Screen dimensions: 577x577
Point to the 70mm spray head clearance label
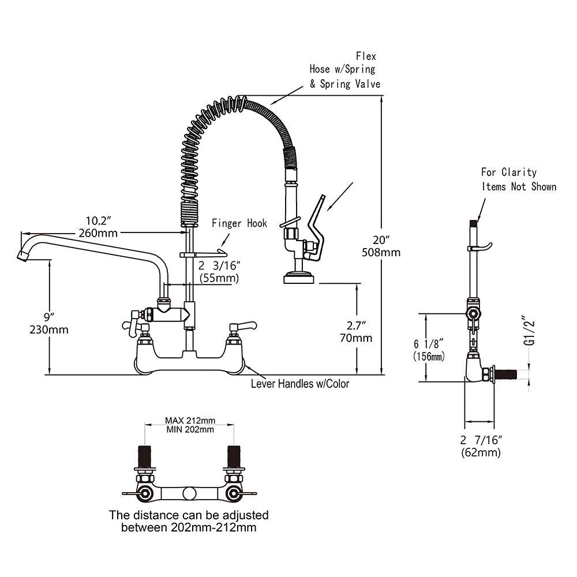356,338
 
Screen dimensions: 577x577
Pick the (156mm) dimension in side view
429,357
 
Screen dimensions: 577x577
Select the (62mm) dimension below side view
481,452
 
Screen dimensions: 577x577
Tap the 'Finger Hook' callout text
239,223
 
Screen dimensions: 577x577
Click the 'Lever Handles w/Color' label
299,384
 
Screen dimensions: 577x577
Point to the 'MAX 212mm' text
189,420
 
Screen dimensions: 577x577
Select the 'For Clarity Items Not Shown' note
519,179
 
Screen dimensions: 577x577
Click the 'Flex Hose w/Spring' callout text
344,70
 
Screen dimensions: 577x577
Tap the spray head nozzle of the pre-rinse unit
299,279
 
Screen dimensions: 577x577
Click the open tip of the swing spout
23,254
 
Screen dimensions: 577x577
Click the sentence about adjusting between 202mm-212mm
189,521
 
